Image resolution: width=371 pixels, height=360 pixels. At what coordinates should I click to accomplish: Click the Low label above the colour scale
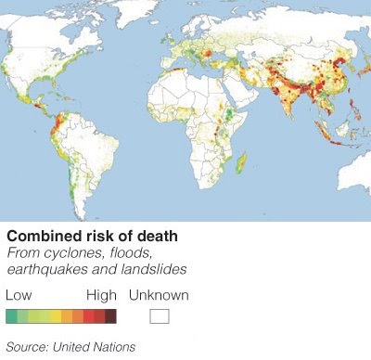19,295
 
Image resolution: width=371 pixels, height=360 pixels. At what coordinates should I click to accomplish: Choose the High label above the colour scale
101,295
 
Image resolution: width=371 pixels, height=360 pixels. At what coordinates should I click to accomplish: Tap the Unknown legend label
159,295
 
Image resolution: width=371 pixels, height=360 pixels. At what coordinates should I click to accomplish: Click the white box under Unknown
160,316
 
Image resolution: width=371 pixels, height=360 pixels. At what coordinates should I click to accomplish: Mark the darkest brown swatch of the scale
110,316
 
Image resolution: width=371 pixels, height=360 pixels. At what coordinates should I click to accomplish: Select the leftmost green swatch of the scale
11,316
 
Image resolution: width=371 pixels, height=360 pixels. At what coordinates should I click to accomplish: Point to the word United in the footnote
76,347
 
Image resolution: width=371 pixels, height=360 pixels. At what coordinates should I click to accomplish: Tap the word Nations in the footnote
117,347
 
